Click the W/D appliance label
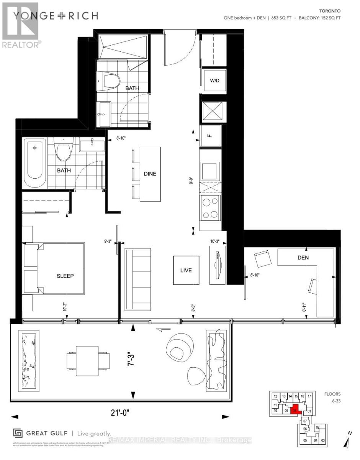[x=214, y=81]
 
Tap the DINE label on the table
[x=150, y=174]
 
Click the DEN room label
[x=303, y=258]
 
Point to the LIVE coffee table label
[x=186, y=270]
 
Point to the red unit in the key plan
[x=295, y=410]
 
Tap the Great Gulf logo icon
[x=18, y=433]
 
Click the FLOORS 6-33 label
[x=332, y=396]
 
